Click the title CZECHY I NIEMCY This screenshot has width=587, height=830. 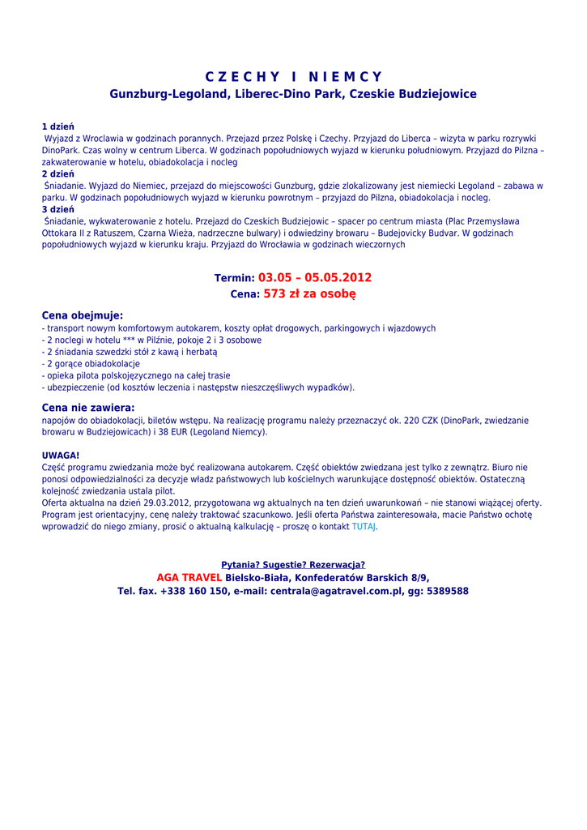pyautogui.click(x=293, y=77)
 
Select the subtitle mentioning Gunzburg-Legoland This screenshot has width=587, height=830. pyautogui.click(x=293, y=94)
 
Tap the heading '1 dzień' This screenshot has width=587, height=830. pyautogui.click(x=57, y=127)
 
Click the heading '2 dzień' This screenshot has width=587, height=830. pyautogui.click(x=57, y=173)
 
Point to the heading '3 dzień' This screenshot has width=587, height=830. pyautogui.click(x=57, y=209)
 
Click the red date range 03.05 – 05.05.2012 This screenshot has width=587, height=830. pyautogui.click(x=315, y=277)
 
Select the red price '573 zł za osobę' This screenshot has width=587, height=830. pyautogui.click(x=309, y=294)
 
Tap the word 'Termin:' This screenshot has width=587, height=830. pyautogui.click(x=235, y=278)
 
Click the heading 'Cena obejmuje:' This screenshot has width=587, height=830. pyautogui.click(x=83, y=314)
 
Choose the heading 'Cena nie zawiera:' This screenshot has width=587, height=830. pyautogui.click(x=88, y=408)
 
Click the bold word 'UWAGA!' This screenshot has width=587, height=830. pyautogui.click(x=61, y=456)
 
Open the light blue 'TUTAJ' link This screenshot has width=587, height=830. pyautogui.click(x=364, y=526)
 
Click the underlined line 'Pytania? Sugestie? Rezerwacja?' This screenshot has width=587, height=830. pyautogui.click(x=293, y=564)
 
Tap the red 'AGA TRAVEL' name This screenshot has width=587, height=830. pyautogui.click(x=189, y=577)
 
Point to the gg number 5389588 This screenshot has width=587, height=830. pyautogui.click(x=445, y=591)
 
